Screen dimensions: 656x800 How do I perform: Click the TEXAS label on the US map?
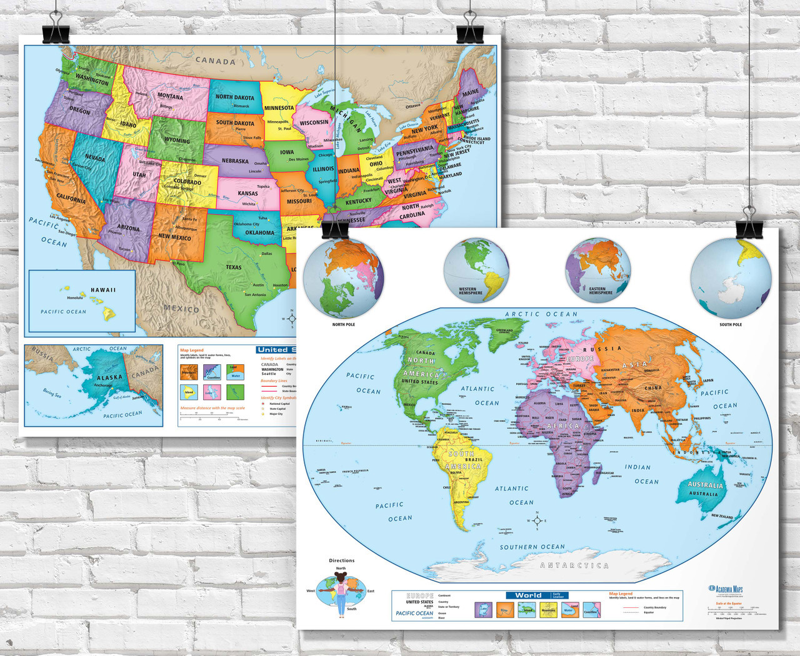(x=234, y=267)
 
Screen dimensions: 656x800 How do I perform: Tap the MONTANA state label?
(x=170, y=97)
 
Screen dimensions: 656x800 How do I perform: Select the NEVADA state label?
(x=95, y=158)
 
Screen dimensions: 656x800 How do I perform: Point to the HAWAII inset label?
(x=103, y=290)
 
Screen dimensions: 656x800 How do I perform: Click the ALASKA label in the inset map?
(x=109, y=377)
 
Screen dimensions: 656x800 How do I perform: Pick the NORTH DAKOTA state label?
(x=235, y=97)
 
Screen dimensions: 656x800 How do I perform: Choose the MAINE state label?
(x=470, y=92)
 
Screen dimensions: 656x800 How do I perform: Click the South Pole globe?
(x=731, y=279)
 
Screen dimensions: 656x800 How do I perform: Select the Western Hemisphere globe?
(x=476, y=270)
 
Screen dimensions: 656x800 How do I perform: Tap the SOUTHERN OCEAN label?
(x=532, y=547)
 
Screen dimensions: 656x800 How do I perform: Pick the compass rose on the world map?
(x=537, y=520)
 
